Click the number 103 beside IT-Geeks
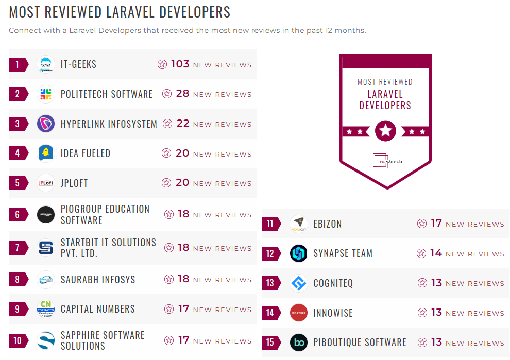[180, 64]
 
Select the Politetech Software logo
[46, 94]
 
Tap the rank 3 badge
[18, 124]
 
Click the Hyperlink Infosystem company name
[109, 124]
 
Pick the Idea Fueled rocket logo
[46, 153]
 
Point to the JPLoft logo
[46, 183]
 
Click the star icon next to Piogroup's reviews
[169, 214]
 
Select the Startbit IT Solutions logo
[46, 248]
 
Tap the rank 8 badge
[18, 280]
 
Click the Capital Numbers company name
[98, 309]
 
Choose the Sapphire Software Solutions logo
[46, 340]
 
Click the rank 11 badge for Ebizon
[271, 224]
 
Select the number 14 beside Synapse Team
[436, 253]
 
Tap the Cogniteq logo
[298, 283]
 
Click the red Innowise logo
[298, 313]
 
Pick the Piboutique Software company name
[360, 342]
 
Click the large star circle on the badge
[385, 131]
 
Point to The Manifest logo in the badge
[385, 161]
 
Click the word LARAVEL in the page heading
[140, 12]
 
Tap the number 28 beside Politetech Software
[182, 94]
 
